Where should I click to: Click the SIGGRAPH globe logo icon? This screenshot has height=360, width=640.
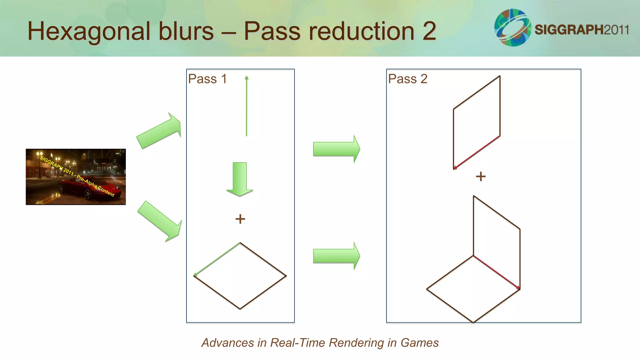512,27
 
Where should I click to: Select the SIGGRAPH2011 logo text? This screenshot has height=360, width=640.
582,30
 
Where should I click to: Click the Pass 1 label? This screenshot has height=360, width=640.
207,79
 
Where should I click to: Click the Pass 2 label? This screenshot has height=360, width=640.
407,79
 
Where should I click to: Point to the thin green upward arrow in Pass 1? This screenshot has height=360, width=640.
247,106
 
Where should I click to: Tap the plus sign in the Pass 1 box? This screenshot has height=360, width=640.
240,219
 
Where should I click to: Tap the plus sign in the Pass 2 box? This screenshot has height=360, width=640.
481,177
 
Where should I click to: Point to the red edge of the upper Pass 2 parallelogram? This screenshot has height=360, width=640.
477,152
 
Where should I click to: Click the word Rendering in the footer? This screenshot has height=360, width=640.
356,343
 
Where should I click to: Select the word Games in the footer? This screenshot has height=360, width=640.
419,343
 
